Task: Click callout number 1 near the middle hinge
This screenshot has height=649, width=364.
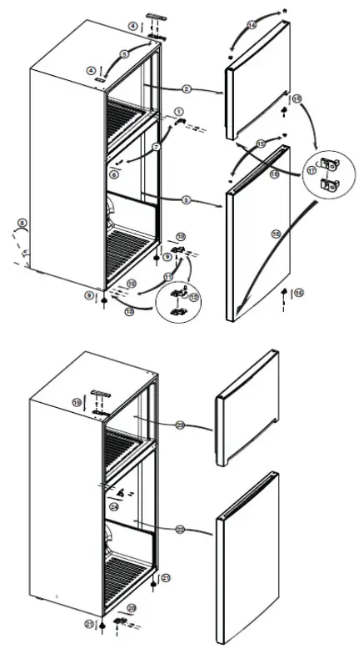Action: click(x=178, y=111)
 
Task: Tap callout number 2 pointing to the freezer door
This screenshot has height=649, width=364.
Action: click(x=187, y=88)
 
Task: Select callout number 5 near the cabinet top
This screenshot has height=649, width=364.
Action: click(x=124, y=53)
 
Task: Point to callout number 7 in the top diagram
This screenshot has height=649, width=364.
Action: click(x=156, y=147)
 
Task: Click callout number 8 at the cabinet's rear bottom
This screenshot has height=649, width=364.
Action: click(x=22, y=223)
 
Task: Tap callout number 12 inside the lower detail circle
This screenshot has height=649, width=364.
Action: click(x=193, y=297)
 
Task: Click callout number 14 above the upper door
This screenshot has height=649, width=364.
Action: click(x=252, y=27)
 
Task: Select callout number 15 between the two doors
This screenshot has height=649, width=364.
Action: click(x=261, y=143)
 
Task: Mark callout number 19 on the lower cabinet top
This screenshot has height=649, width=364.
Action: click(x=77, y=402)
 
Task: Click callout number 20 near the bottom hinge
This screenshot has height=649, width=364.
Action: click(x=131, y=606)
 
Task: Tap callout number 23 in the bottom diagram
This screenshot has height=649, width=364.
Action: click(x=180, y=425)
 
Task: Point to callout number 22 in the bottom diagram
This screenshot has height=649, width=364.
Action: click(x=180, y=529)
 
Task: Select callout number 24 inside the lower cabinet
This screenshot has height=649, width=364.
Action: click(x=114, y=506)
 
